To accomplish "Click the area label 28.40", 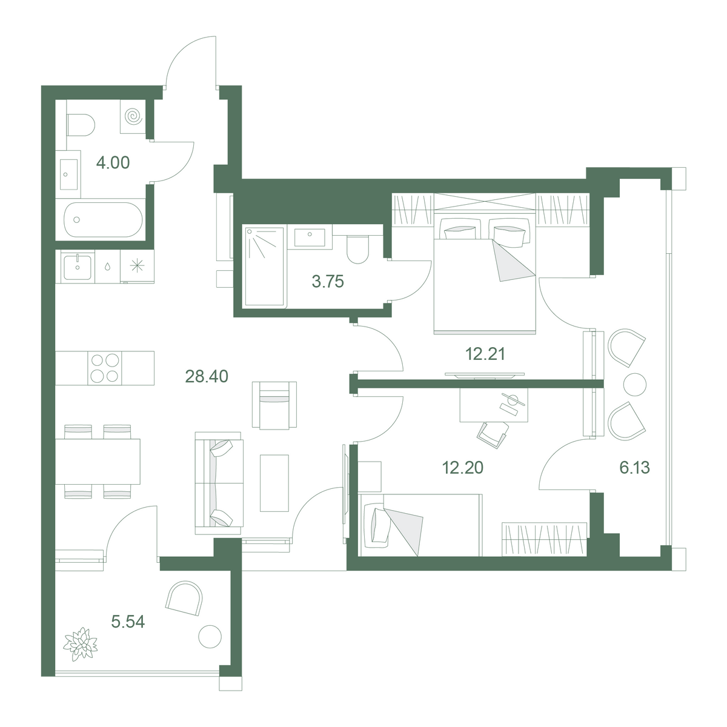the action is pos(207,376).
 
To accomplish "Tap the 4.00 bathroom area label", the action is pos(113,162).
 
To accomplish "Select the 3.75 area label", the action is pos(328,282).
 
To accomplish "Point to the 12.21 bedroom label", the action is pos(485,354).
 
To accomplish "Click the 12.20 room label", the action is pos(462,468).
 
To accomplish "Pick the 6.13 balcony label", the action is pos(634,468).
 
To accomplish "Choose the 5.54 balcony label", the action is pos(128,622).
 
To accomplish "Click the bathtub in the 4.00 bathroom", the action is pos(104,219).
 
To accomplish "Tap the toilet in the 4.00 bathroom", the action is pos(81,125).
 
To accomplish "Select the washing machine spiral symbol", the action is pos(133,116).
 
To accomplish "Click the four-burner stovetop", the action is pos(104,368).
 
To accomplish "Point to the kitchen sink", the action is pos(78,268).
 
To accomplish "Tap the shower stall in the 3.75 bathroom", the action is pos(265,267).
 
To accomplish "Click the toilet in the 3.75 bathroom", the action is pos(357,250).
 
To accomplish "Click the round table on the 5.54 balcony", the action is pos(210,637).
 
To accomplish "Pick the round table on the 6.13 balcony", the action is pos(635,385).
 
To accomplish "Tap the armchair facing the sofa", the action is pos(274,405).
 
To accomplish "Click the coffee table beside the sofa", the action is pos(274,483).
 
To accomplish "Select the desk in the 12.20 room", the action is pos(494,405).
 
